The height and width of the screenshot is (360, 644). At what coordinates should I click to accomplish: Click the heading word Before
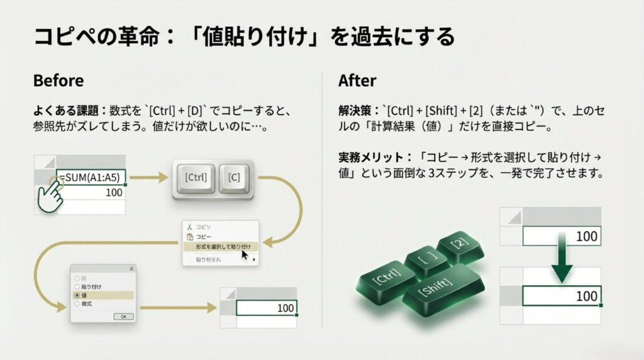click(x=58, y=81)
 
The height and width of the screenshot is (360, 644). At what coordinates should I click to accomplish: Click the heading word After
click(x=357, y=81)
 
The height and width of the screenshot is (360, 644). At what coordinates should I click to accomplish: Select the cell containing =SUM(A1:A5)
click(x=91, y=177)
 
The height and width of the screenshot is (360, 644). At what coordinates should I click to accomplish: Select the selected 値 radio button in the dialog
click(x=77, y=295)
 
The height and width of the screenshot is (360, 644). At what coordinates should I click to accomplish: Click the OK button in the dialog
click(x=123, y=317)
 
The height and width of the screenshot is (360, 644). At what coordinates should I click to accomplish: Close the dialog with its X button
click(x=131, y=269)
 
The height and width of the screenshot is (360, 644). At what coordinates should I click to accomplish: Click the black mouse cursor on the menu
click(x=245, y=254)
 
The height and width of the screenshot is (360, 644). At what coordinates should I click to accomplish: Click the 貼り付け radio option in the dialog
click(x=77, y=286)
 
